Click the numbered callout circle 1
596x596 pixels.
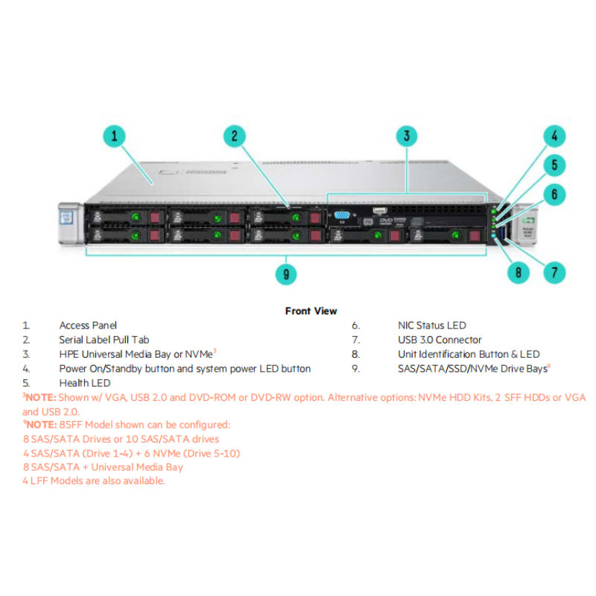click(x=114, y=136)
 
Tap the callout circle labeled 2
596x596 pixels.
click(x=234, y=136)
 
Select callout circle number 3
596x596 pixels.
click(x=406, y=136)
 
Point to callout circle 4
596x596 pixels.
click(x=554, y=136)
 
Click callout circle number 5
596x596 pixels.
click(x=554, y=165)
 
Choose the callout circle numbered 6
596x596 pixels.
click(x=554, y=195)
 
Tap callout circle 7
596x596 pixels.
click(x=554, y=273)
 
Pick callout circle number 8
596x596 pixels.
click(x=518, y=273)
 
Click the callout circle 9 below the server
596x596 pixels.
click(x=286, y=274)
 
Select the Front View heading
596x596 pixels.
click(x=311, y=311)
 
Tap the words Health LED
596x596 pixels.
click(x=84, y=383)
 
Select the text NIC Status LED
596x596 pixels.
click(x=432, y=326)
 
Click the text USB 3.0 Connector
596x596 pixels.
click(x=440, y=340)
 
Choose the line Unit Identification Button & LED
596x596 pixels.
click(x=469, y=354)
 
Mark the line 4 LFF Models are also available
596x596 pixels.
click(x=93, y=481)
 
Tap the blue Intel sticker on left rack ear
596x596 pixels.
click(x=65, y=221)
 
